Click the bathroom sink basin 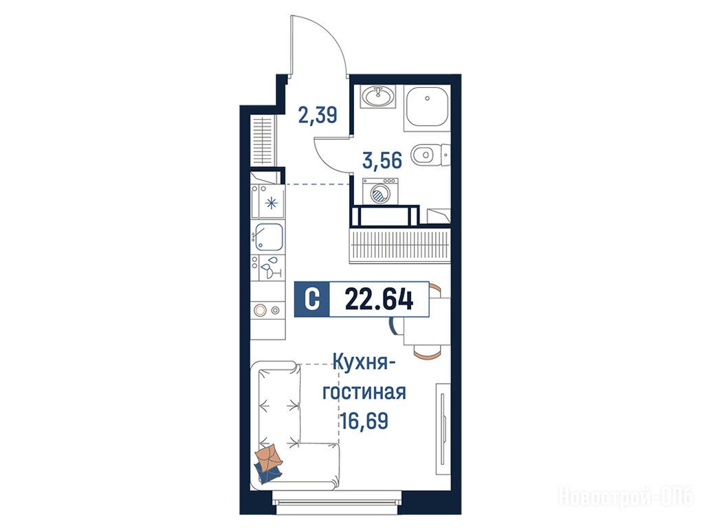(379, 96)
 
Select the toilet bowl (422, 155)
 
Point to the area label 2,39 (318, 115)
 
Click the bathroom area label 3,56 (382, 160)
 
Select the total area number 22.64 (379, 300)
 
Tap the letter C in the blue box (311, 300)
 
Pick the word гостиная (364, 392)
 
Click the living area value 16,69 (364, 421)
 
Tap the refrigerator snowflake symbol (271, 203)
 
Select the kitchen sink (269, 236)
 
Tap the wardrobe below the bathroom (399, 245)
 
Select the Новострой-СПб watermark (626, 497)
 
